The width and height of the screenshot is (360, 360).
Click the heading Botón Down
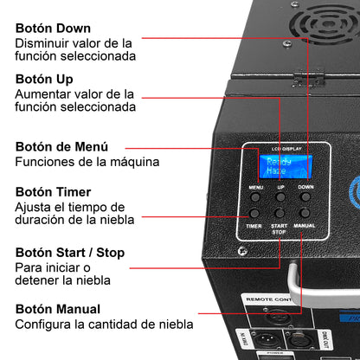52,28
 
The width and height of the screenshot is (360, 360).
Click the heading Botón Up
44,79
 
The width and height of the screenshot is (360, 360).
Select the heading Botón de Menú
62,145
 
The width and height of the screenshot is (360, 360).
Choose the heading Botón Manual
58,309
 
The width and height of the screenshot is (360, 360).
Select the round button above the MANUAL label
305,212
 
